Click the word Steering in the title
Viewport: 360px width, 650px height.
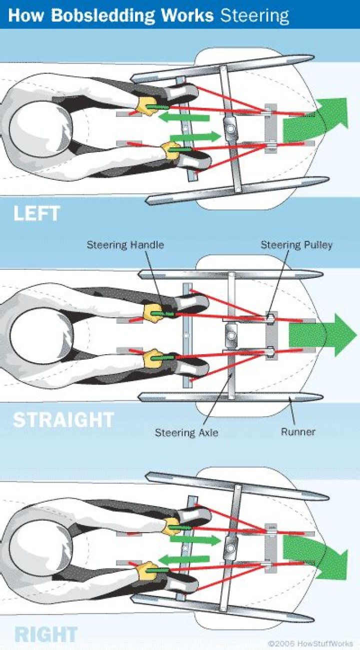click(x=254, y=15)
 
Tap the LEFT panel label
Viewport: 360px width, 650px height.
click(x=36, y=214)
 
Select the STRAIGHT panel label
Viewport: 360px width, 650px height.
click(x=63, y=420)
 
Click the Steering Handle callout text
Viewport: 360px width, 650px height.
click(x=125, y=245)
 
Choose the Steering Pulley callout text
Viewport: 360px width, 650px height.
click(x=296, y=245)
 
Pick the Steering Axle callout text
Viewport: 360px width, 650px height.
click(x=186, y=432)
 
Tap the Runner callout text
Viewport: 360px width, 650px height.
click(x=298, y=431)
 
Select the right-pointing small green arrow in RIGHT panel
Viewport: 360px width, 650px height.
click(x=195, y=540)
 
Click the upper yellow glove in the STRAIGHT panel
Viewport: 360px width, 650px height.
click(x=152, y=312)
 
